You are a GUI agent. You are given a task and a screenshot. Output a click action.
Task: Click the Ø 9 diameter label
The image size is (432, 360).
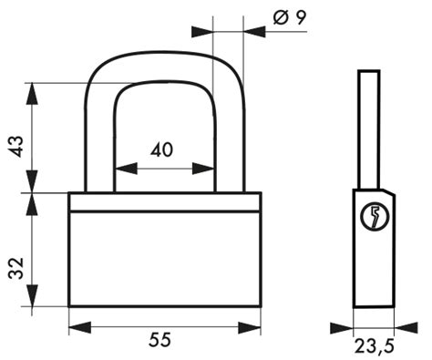pyautogui.click(x=290, y=18)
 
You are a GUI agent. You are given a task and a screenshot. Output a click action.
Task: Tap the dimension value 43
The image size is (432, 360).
pyautogui.click(x=15, y=147)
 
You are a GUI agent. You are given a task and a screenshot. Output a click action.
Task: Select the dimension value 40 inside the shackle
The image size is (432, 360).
pyautogui.click(x=161, y=149)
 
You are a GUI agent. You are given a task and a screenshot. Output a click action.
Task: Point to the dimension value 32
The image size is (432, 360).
pyautogui.click(x=15, y=268)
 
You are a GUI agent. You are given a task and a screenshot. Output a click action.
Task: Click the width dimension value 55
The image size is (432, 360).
pyautogui.click(x=160, y=340)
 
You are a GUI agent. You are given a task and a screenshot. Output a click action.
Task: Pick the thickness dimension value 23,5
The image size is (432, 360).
pyautogui.click(x=375, y=345)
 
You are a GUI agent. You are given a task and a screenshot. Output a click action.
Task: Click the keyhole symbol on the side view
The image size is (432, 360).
pyautogui.click(x=375, y=216)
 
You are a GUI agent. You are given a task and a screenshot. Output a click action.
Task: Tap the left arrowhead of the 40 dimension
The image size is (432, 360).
pyautogui.click(x=126, y=169)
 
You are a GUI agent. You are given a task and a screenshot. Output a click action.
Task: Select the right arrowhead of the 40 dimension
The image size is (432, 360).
pyautogui.click(x=203, y=169)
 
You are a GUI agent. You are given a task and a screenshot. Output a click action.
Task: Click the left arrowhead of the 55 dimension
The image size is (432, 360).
pyautogui.click(x=80, y=327)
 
